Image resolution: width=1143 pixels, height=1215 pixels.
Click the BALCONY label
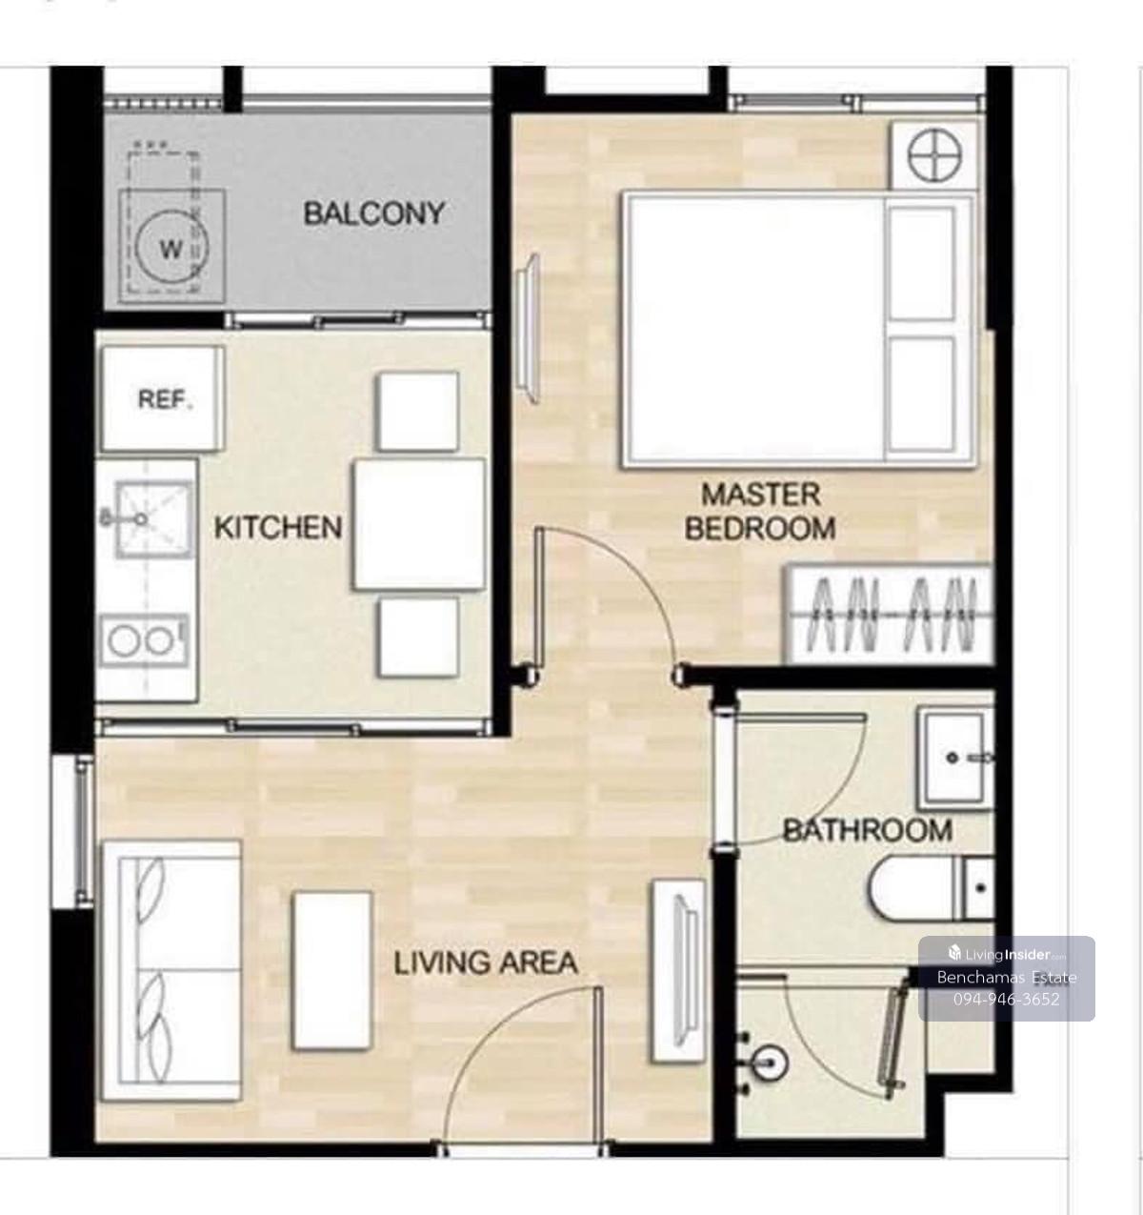373,214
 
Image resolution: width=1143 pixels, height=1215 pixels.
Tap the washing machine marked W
171,246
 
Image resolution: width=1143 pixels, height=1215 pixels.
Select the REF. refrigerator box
163,398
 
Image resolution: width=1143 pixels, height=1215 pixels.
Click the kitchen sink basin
154,519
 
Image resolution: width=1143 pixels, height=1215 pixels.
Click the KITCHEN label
277,528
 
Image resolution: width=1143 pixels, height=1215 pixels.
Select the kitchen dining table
419,525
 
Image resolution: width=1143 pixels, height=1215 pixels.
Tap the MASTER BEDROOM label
760,512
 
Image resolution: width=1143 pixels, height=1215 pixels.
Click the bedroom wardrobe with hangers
890,614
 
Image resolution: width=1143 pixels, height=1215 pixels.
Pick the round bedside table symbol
933,155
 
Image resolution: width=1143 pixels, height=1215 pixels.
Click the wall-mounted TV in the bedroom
529,329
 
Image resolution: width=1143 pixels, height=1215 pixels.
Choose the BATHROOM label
867,831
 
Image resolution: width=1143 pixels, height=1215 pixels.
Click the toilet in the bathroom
931,888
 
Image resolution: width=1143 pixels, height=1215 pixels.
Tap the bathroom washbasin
955,759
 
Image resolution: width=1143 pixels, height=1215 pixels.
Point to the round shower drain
769,1063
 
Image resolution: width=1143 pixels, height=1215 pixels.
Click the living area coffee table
332,971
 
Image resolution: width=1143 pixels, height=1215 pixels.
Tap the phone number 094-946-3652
1006,999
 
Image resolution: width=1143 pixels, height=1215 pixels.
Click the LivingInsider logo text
1007,955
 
